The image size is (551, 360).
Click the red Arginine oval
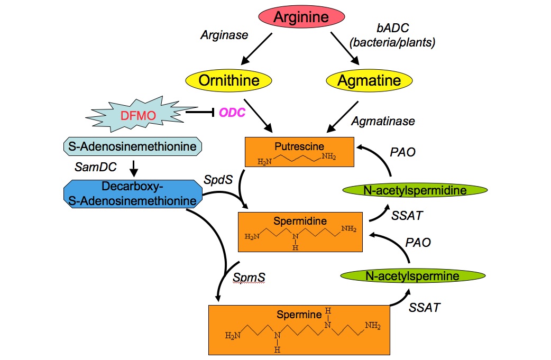coord(301,16)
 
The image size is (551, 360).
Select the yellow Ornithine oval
coord(229,80)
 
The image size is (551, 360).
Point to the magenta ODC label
coord(233,113)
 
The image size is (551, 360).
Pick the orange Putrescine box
coord(299,152)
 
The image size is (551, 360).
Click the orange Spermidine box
coord(300,232)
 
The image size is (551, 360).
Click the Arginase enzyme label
coord(225,35)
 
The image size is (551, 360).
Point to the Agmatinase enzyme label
coord(383,121)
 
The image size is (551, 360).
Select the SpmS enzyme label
coord(249,277)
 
